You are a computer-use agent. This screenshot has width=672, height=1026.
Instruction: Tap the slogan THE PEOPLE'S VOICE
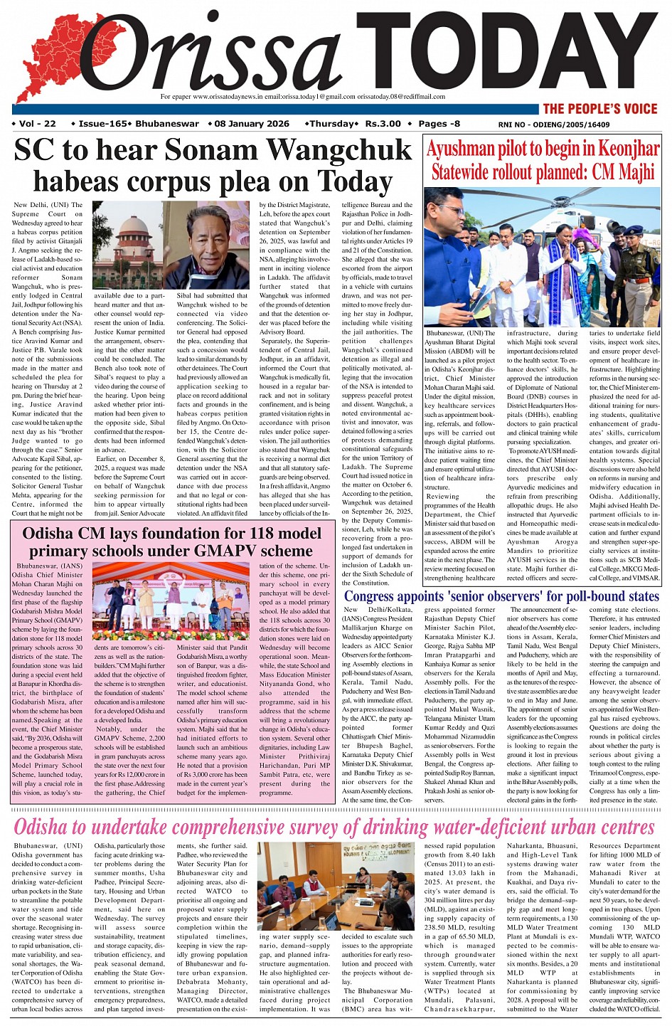[x=600, y=109]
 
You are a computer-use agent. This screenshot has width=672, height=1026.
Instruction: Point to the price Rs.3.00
[x=383, y=124]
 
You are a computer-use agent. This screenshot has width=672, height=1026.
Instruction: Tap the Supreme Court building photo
[x=127, y=245]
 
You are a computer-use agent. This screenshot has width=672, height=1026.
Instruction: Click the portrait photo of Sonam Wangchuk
[x=206, y=245]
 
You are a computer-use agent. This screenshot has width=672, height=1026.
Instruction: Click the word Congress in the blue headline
[x=378, y=596]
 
